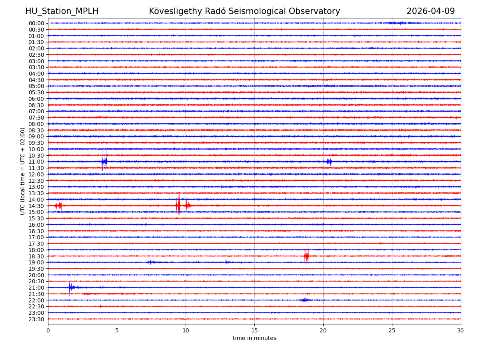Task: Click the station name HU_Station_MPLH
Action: coord(62,12)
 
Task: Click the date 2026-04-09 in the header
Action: coord(430,12)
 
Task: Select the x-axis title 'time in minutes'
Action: coord(254,338)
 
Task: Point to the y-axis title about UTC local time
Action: coord(23,171)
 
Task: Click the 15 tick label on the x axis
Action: coord(254,331)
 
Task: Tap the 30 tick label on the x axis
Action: coord(460,331)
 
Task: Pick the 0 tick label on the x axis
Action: coord(48,331)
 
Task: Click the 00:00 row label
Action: coord(36,23)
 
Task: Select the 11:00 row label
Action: coord(36,162)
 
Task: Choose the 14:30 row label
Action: coord(36,206)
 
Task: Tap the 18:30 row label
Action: coord(36,256)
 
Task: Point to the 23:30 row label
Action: coord(36,319)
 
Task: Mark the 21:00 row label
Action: coord(36,288)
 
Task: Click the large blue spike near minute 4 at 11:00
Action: coord(104,162)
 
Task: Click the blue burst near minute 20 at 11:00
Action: coord(329,162)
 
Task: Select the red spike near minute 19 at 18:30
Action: coord(307,256)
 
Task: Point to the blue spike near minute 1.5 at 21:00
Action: coord(70,287)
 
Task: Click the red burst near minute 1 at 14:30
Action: coord(59,206)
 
